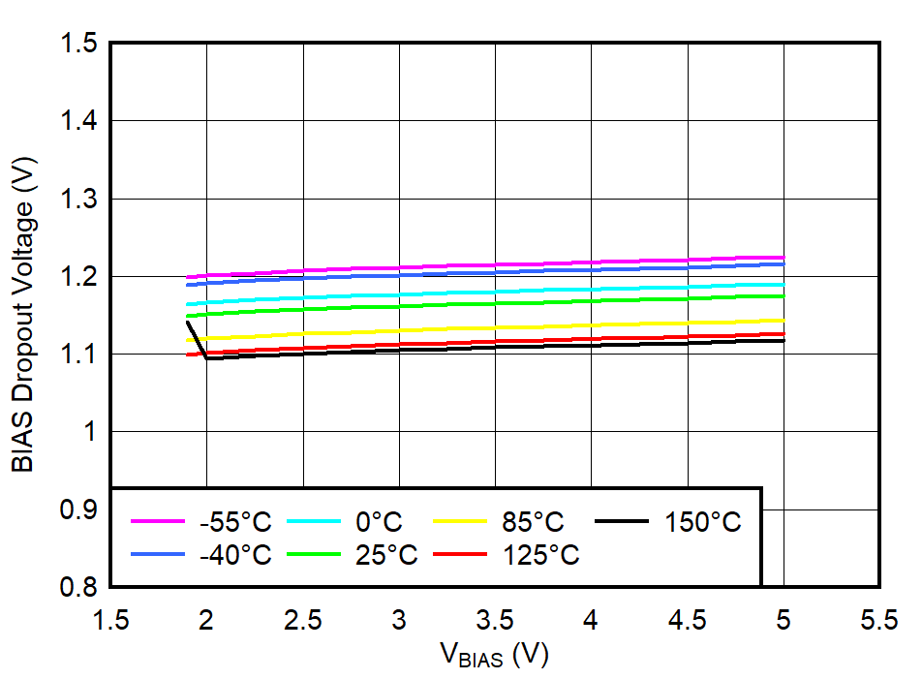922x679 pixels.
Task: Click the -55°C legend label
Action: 235,522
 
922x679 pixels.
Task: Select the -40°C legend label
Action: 235,555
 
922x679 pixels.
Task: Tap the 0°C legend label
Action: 379,522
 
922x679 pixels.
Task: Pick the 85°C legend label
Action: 532,522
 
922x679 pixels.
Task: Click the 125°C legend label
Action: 540,555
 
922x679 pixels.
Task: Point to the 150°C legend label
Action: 702,522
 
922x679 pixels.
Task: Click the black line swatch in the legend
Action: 621,521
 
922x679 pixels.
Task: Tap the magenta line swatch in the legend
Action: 158,521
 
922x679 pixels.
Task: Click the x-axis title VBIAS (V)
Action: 494,656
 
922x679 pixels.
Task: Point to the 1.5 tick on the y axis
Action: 79,44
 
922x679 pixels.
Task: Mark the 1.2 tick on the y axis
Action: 79,277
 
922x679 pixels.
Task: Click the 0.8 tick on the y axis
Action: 79,587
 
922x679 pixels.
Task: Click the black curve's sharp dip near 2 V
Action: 207,359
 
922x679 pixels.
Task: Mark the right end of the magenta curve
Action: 783,257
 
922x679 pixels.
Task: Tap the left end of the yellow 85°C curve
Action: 188,340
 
